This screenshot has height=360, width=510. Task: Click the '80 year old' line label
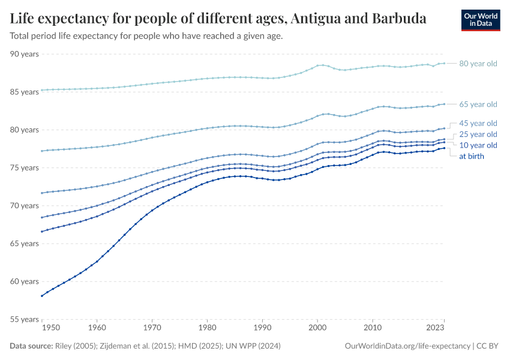(x=478, y=63)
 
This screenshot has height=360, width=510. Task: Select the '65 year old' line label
(x=478, y=104)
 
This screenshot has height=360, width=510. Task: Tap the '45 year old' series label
(x=478, y=123)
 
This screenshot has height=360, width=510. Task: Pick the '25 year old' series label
(x=478, y=134)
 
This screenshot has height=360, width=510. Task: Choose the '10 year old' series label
(x=478, y=145)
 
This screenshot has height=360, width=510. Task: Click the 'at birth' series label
(x=472, y=156)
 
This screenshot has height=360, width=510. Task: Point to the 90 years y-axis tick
(x=24, y=54)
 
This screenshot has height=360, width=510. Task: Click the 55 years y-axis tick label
(x=24, y=319)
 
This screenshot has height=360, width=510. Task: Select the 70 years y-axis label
(x=24, y=206)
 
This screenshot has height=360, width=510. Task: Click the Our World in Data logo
(x=480, y=20)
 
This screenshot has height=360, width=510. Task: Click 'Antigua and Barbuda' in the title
(x=358, y=19)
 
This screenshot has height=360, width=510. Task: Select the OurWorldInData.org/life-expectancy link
(x=408, y=346)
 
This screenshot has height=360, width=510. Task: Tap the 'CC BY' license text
(x=488, y=346)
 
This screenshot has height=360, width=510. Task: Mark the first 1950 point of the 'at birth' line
(x=41, y=296)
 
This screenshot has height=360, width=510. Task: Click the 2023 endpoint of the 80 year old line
(x=444, y=63)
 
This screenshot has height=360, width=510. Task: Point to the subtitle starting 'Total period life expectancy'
(x=146, y=36)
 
